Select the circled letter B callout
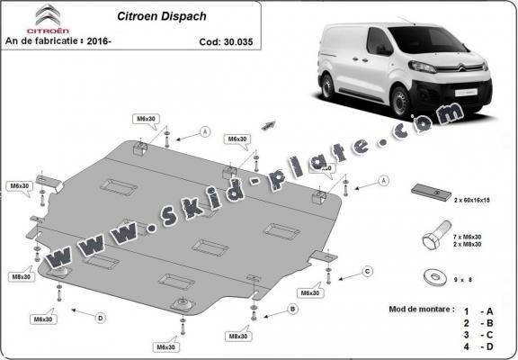291,309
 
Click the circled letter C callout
367,271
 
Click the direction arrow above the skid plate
267,121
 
